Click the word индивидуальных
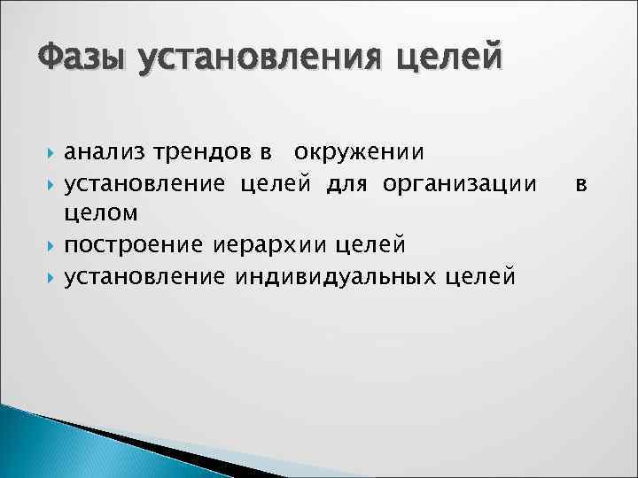[x=336, y=278]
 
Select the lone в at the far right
[x=580, y=184]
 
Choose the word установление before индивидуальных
[x=146, y=278]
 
